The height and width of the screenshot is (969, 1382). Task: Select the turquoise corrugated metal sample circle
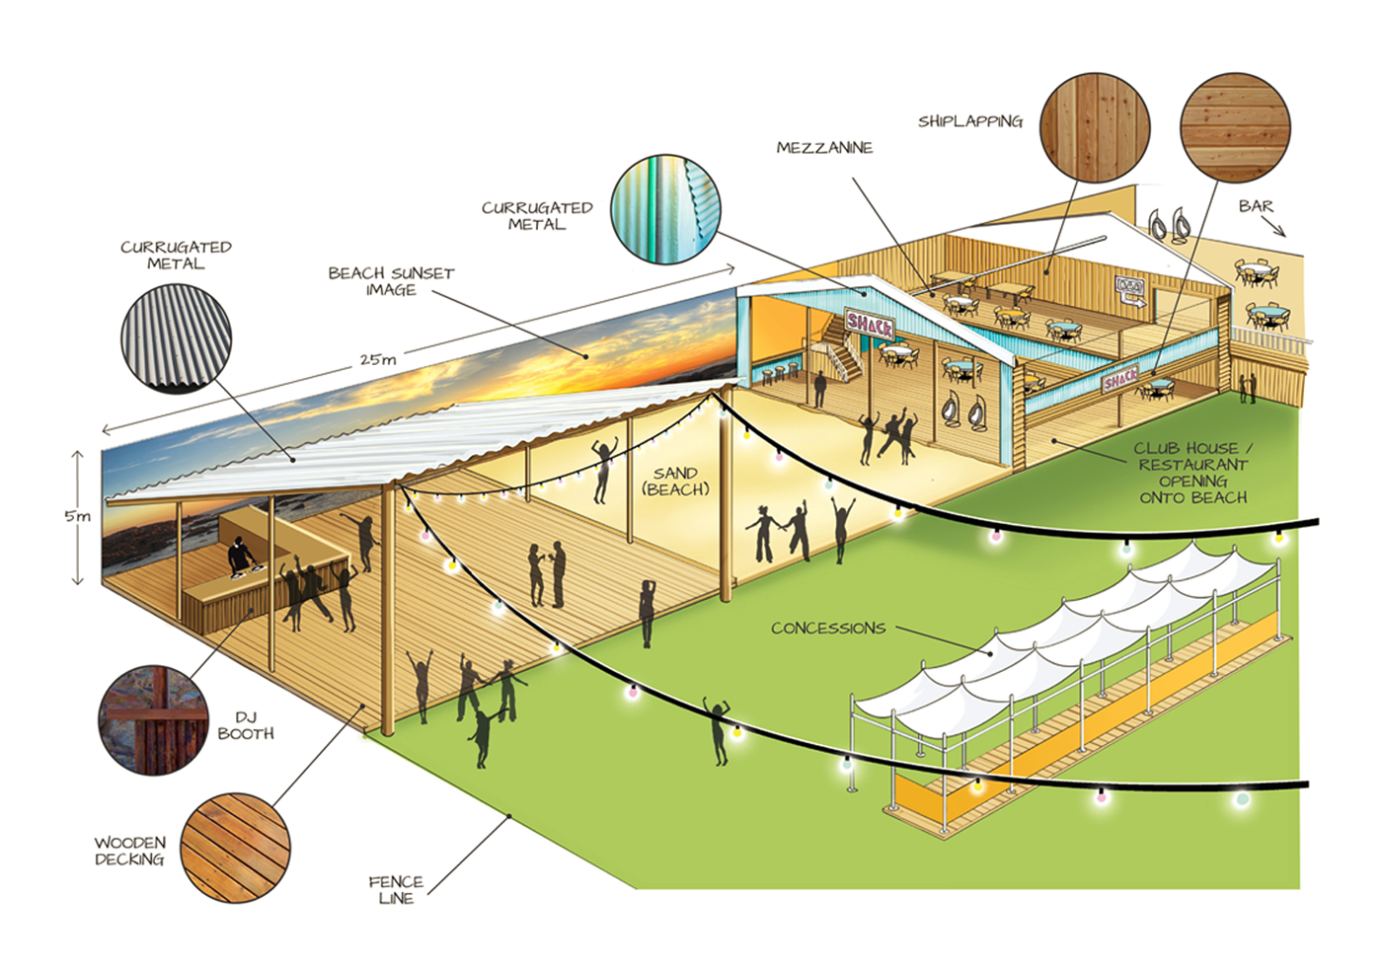(665, 208)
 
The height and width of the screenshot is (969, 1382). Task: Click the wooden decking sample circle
(237, 848)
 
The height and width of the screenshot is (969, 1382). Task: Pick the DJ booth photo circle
(153, 719)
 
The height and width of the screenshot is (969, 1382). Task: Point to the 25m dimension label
(378, 360)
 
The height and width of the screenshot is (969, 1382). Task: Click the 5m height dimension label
(77, 516)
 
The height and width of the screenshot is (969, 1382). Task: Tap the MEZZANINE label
(824, 148)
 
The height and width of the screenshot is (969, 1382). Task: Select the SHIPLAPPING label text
(969, 121)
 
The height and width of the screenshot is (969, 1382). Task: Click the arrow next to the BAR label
(1277, 228)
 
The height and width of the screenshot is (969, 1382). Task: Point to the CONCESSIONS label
(828, 628)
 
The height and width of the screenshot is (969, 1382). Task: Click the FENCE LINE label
(396, 889)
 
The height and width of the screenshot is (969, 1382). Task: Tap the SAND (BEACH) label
(675, 482)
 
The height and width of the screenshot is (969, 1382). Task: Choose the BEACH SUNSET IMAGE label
(391, 281)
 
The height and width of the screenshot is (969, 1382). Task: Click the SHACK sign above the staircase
(870, 323)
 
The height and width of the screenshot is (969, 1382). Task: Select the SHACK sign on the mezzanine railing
(1120, 379)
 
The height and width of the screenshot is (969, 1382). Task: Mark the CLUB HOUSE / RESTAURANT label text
(1192, 473)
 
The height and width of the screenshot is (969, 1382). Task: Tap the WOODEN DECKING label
(129, 851)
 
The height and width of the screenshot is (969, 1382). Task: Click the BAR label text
(1256, 206)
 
